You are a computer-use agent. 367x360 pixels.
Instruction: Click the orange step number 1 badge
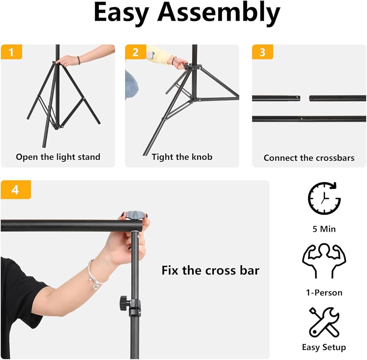11,52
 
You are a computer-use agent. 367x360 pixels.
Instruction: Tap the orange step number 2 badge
135,52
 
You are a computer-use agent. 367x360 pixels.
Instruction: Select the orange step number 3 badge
262,52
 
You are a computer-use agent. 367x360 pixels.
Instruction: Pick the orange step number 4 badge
16,190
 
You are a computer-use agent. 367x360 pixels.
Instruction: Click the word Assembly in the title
219,12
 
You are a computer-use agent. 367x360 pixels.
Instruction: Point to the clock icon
324,198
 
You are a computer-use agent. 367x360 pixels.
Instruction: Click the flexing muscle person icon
324,261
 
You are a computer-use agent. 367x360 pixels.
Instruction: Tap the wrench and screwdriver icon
324,322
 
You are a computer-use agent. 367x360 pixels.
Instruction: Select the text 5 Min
324,229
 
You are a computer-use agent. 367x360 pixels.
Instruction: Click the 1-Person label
324,292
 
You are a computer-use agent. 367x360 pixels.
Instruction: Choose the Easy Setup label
324,348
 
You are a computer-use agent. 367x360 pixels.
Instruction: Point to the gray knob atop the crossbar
134,215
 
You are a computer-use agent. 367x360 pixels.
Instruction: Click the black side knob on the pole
123,303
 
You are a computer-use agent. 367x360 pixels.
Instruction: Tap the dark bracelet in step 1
79,60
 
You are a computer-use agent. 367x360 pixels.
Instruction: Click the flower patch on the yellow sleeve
149,55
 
